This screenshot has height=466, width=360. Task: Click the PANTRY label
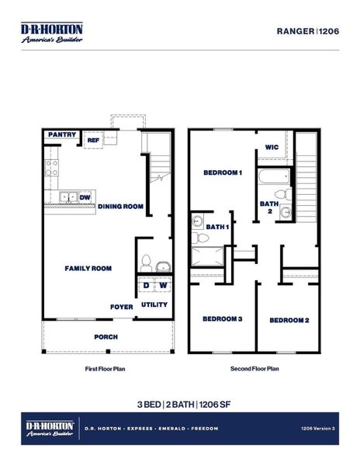(x=62, y=134)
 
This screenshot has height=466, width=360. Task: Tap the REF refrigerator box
(x=93, y=141)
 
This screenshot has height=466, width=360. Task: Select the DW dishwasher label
(x=84, y=197)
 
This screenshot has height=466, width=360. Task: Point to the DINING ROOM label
(x=121, y=207)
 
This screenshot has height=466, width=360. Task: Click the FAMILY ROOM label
(x=88, y=268)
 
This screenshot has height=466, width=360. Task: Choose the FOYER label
(x=121, y=306)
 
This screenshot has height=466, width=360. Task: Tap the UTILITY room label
(x=154, y=304)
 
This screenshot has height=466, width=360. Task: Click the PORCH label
(x=106, y=336)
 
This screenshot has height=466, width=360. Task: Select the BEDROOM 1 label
(x=223, y=172)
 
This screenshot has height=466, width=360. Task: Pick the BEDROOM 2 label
(x=289, y=320)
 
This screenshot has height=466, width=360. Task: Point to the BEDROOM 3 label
(x=223, y=318)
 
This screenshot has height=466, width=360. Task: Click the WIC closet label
(x=272, y=147)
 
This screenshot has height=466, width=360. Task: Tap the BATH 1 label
(x=217, y=226)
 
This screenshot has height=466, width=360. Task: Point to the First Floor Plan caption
(x=105, y=369)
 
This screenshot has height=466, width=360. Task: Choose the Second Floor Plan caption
(x=254, y=369)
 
